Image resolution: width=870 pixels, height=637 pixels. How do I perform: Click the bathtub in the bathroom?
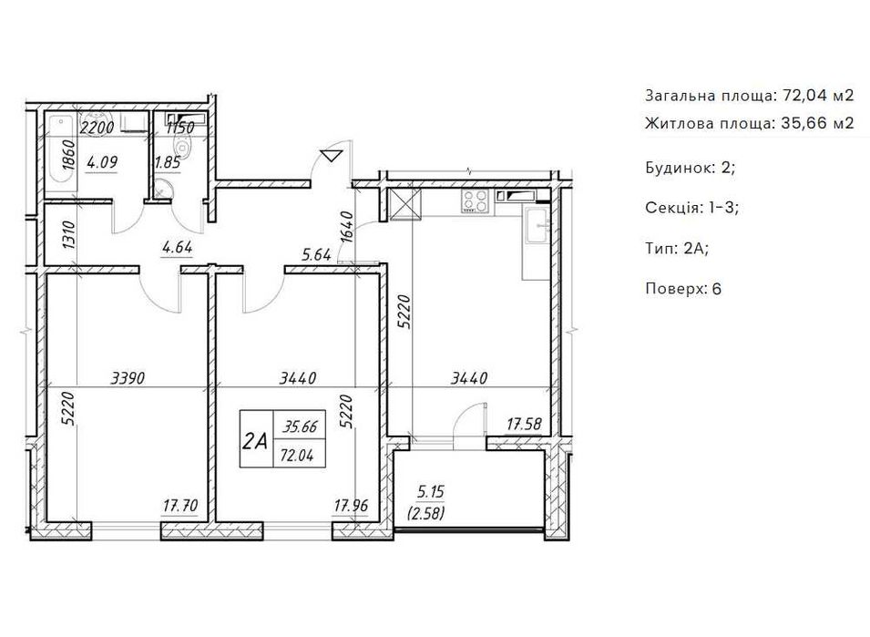pyautogui.click(x=61, y=152)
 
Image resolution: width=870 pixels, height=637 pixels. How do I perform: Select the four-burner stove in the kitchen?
pyautogui.click(x=476, y=201)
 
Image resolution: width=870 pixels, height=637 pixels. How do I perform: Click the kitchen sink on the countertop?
pyautogui.click(x=537, y=225)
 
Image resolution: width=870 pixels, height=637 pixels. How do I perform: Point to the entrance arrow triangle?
pyautogui.click(x=332, y=155)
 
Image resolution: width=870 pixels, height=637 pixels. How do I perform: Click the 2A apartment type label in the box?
pyautogui.click(x=256, y=441)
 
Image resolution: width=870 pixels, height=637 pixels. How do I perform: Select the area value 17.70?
pyautogui.click(x=180, y=506)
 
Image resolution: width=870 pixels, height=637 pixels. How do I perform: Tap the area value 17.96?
pyautogui.click(x=351, y=506)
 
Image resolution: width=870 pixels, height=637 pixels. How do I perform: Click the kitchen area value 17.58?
pyautogui.click(x=524, y=425)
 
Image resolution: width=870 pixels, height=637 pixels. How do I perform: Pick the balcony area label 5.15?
pyautogui.click(x=430, y=491)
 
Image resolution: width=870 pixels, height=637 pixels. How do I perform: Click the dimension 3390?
pyautogui.click(x=128, y=378)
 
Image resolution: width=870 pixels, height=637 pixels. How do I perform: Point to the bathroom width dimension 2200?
pyautogui.click(x=97, y=128)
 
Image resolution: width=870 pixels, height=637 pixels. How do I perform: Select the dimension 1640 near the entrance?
pyautogui.click(x=346, y=226)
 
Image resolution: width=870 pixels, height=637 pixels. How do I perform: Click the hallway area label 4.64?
pyautogui.click(x=177, y=247)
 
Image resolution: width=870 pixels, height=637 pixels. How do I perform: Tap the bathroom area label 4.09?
pyautogui.click(x=102, y=163)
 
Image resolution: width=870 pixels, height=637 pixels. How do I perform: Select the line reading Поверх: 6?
pyautogui.click(x=683, y=289)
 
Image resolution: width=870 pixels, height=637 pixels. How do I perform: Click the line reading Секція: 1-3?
pyautogui.click(x=691, y=208)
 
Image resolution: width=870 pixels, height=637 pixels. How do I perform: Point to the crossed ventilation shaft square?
pyautogui.click(x=405, y=204)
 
